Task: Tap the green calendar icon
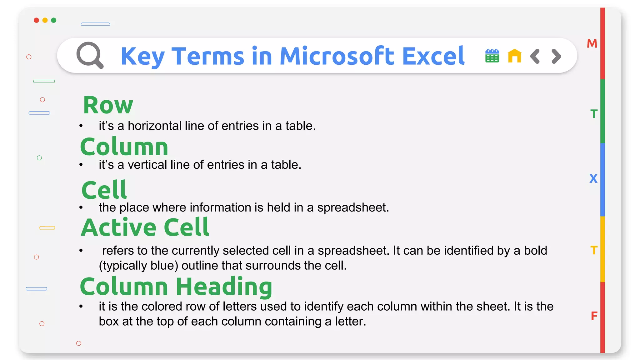(x=492, y=56)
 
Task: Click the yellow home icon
(x=514, y=56)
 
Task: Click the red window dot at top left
(x=37, y=20)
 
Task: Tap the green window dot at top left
(x=54, y=20)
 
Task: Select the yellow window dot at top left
(x=45, y=20)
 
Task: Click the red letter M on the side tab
(x=592, y=43)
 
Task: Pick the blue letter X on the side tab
(x=593, y=179)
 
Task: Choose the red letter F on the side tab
(x=594, y=316)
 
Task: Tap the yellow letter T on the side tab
(x=594, y=250)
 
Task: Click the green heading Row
(x=108, y=105)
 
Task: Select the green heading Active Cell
(x=145, y=227)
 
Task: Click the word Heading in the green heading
(x=224, y=287)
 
